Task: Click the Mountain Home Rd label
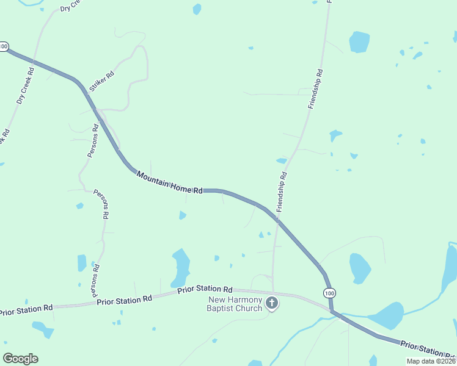coord(169,183)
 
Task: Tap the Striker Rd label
coord(101,82)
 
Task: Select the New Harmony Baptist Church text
coord(235,303)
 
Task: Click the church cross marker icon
coord(272,303)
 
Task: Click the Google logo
coord(20,359)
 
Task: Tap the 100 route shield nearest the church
coord(330,293)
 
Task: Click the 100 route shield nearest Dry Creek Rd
coord(4,46)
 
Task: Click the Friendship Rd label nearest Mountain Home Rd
coord(282,192)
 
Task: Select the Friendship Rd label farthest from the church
coord(315,89)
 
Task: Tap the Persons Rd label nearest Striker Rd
coord(93,141)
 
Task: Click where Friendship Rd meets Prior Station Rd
coord(272,293)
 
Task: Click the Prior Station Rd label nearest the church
coord(205,289)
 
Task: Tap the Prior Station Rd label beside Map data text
coord(428,350)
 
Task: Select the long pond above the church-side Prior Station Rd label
coord(180,267)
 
